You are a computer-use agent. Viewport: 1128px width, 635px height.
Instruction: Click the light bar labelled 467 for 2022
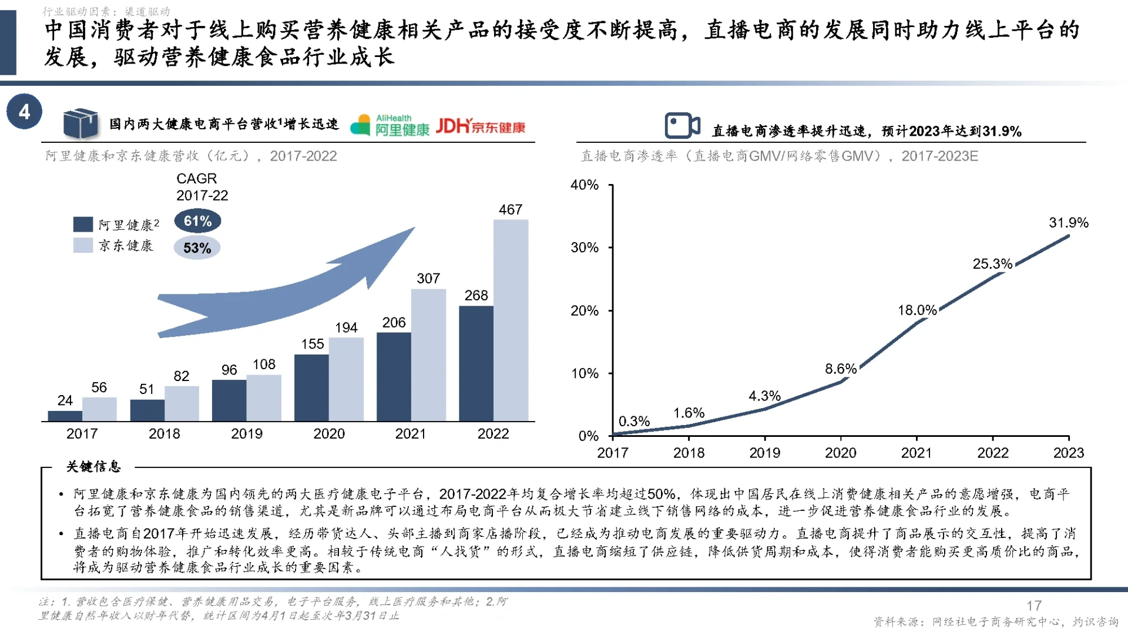click(x=511, y=320)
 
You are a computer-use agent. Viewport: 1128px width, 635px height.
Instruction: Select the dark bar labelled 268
click(x=476, y=363)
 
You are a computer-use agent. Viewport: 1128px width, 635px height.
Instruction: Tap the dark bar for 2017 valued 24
click(x=65, y=416)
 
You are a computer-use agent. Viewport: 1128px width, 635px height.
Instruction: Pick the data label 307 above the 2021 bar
click(x=428, y=279)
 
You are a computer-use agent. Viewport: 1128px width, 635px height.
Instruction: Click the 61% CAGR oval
click(x=197, y=221)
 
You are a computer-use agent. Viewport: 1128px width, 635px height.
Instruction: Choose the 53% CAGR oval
click(x=197, y=248)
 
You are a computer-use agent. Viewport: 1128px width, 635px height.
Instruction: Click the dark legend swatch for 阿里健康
click(x=83, y=224)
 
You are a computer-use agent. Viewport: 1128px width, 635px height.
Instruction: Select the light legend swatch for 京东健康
click(x=83, y=245)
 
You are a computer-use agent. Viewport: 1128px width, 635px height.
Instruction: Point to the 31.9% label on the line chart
click(x=1068, y=223)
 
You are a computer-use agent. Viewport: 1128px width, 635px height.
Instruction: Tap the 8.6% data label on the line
click(x=840, y=369)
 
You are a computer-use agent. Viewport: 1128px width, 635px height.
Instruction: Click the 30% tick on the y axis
click(x=585, y=248)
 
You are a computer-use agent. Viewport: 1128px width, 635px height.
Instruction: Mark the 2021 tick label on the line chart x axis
click(x=916, y=453)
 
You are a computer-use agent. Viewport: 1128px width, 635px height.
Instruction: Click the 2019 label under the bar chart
click(x=246, y=434)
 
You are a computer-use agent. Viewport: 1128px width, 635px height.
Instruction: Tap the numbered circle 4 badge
click(x=24, y=112)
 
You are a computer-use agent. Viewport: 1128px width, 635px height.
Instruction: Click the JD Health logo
click(x=481, y=126)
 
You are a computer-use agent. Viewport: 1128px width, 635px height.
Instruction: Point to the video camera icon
click(x=682, y=125)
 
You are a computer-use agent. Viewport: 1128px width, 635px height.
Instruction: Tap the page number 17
click(x=1034, y=606)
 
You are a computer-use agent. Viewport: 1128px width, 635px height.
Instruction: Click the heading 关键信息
click(x=93, y=467)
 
